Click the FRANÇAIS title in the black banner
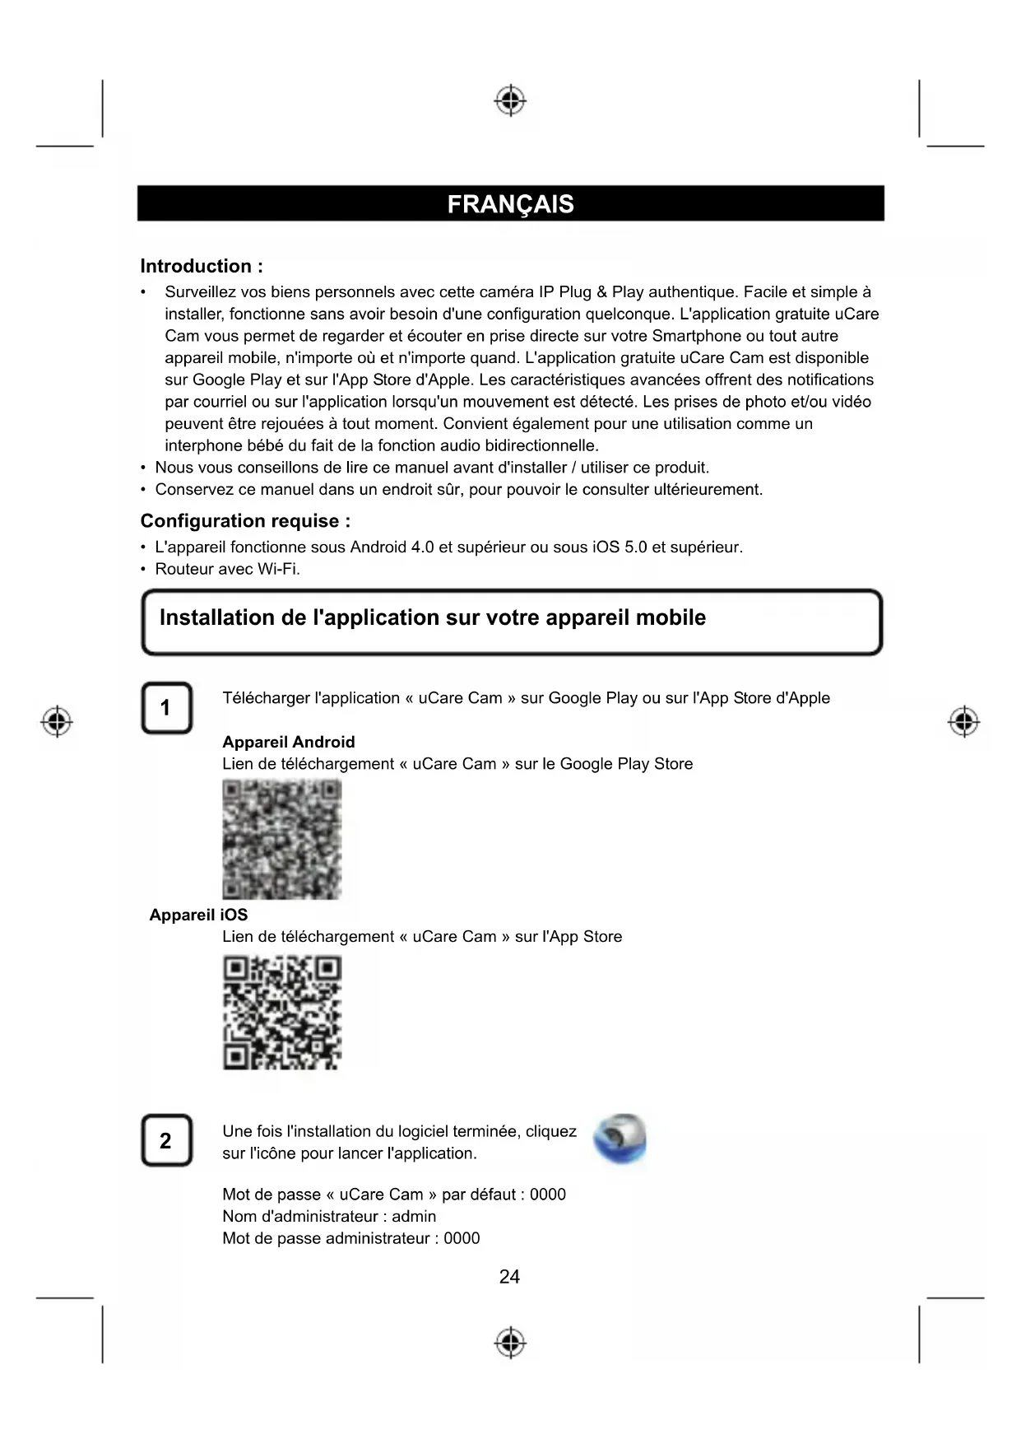coord(510,204)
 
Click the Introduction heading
coord(202,266)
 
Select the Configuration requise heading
coord(245,521)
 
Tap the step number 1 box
coord(166,708)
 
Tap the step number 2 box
coord(166,1140)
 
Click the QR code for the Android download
coord(281,839)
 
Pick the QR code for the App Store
coord(281,1012)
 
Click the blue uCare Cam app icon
coord(620,1139)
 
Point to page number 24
coord(509,1277)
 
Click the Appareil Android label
coord(288,742)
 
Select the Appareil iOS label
coord(198,915)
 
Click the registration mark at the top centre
coord(510,100)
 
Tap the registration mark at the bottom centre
coord(510,1342)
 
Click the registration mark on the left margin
coord(56,722)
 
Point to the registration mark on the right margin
coord(963,722)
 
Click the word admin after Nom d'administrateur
coord(414,1216)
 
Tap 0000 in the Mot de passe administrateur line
coord(462,1238)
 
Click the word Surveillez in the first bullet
coord(200,292)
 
